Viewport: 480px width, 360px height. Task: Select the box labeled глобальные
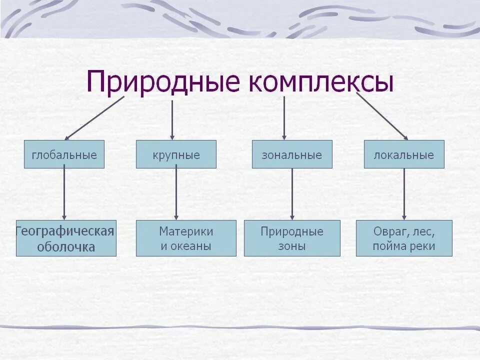click(x=64, y=154)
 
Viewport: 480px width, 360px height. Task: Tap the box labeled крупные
click(x=176, y=154)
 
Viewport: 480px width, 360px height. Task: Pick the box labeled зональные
click(x=292, y=154)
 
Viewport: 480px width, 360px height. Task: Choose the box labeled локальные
click(x=404, y=154)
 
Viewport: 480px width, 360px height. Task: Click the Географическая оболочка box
click(x=66, y=238)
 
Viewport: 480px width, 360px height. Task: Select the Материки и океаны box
click(x=186, y=238)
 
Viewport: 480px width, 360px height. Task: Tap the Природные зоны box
click(x=292, y=238)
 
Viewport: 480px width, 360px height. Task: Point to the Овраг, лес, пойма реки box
click(x=404, y=238)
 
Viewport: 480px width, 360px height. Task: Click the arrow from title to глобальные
click(x=94, y=118)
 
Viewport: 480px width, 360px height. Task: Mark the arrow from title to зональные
click(x=284, y=118)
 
